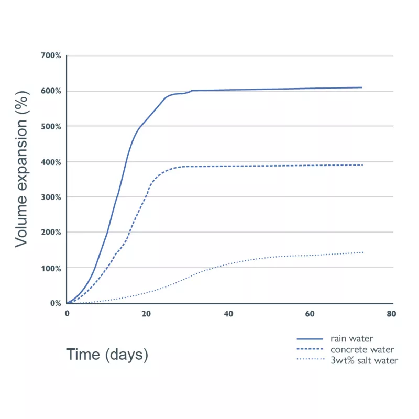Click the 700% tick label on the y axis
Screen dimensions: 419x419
click(x=51, y=56)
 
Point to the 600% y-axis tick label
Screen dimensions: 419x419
click(x=51, y=91)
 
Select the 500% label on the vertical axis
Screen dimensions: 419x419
click(x=51, y=126)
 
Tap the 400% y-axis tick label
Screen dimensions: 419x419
click(x=51, y=162)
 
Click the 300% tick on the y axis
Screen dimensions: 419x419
click(x=51, y=197)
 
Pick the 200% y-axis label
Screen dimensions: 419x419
click(x=51, y=233)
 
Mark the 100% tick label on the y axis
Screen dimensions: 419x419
click(x=51, y=268)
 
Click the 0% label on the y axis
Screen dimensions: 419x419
click(x=56, y=303)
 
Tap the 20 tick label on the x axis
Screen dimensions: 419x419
click(x=146, y=314)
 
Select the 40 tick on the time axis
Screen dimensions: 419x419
click(x=228, y=314)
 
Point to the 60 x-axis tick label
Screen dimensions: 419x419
click(x=310, y=314)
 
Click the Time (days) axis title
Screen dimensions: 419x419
click(x=107, y=355)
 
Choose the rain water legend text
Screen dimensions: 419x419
click(x=351, y=339)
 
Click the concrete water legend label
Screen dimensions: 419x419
click(x=362, y=349)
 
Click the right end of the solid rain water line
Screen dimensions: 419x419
click(x=362, y=87)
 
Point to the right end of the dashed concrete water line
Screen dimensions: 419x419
click(x=362, y=165)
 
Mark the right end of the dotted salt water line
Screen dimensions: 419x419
click(x=362, y=252)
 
